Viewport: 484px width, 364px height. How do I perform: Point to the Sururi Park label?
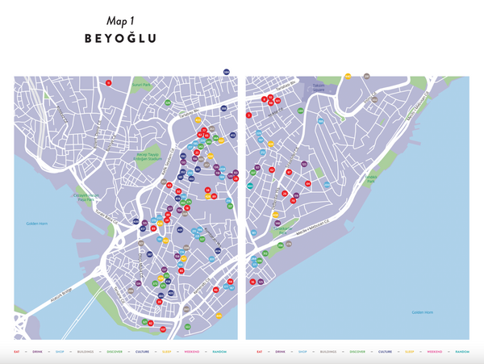pos(142,84)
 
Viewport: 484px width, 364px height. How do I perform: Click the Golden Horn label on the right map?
pos(423,312)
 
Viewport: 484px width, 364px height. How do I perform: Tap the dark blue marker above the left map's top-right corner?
pos(227,73)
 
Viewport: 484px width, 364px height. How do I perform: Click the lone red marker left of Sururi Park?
pos(108,82)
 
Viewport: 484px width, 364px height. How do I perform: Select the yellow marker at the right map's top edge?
pos(348,76)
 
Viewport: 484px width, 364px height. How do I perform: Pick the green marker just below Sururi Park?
pos(167,103)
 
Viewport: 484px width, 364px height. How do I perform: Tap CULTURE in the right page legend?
pos(386,352)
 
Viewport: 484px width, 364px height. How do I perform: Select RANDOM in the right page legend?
pos(461,352)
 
